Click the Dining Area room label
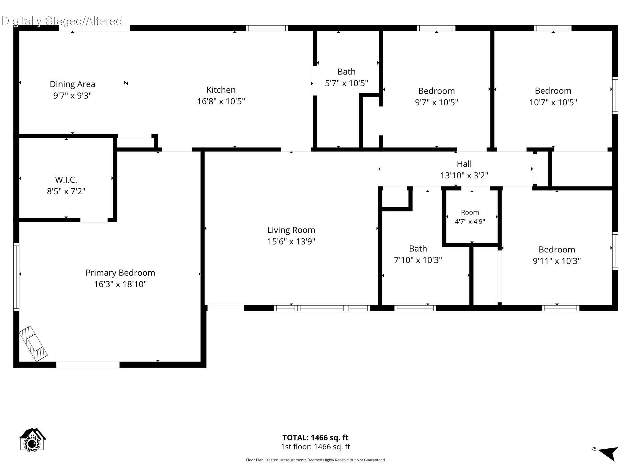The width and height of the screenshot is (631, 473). tap(72, 84)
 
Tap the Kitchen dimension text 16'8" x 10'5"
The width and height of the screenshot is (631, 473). tap(221, 101)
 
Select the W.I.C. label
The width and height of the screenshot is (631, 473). tap(66, 180)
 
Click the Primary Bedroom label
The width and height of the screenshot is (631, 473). tap(120, 273)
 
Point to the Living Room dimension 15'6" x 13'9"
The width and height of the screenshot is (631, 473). tap(291, 241)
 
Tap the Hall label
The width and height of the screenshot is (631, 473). tap(464, 164)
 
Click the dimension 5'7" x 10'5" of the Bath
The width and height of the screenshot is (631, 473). tap(346, 83)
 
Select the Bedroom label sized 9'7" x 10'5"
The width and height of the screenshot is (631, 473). tap(436, 91)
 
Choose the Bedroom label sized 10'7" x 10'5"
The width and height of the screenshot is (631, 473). tap(553, 91)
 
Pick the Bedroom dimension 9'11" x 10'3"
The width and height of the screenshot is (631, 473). tap(557, 261)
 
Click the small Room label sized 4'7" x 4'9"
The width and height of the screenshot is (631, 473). tap(470, 212)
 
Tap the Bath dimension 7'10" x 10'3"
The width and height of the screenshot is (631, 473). tap(418, 260)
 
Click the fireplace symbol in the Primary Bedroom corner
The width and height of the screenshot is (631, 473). tap(33, 344)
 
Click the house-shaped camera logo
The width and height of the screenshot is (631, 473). tap(32, 440)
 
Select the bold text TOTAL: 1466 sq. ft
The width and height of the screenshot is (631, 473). tap(315, 438)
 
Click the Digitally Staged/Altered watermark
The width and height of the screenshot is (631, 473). tap(62, 21)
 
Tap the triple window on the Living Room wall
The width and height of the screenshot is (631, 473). tap(322, 308)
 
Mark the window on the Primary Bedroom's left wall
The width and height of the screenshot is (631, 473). tap(16, 277)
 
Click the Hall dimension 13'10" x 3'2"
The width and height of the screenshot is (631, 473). tap(464, 176)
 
